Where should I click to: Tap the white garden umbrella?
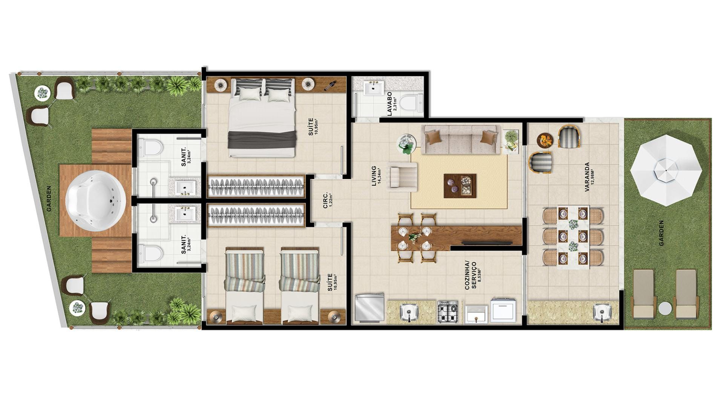coord(666,170)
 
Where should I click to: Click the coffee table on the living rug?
coord(460,186)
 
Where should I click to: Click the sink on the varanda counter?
coord(601,313)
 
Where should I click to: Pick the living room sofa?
coord(461,139)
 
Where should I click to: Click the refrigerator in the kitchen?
coord(370,308)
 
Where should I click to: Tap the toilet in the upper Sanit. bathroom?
coord(151,147)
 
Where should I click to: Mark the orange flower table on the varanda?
coord(545,140)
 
